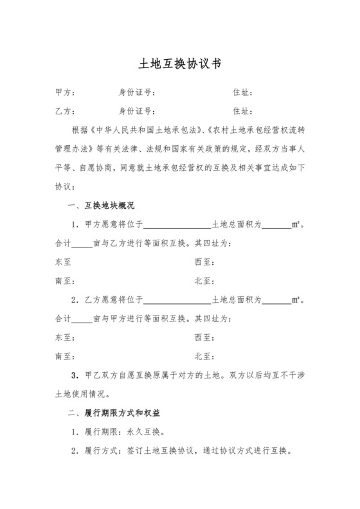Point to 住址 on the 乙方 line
pyautogui.click(x=242, y=111)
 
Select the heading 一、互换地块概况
pyautogui.click(x=100, y=206)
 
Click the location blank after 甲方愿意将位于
pyautogui.click(x=177, y=226)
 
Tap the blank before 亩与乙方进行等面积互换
pyautogui.click(x=81, y=245)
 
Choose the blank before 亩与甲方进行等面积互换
pyautogui.click(x=81, y=319)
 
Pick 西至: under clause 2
pyautogui.click(x=204, y=337)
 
